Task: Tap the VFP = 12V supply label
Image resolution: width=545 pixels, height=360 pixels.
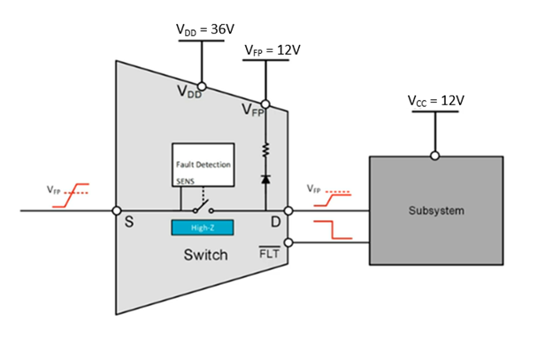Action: [272, 50]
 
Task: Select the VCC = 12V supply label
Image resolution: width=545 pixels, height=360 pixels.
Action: [434, 102]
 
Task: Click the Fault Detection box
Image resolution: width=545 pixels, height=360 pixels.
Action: [203, 164]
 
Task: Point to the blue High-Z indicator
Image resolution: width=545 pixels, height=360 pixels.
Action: [203, 227]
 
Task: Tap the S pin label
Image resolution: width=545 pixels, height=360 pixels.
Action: [129, 221]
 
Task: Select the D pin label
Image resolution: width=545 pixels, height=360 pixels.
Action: [274, 221]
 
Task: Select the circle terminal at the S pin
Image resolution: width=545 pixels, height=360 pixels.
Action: [118, 211]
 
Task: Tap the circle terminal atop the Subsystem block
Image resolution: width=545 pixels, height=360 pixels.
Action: [434, 156]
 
